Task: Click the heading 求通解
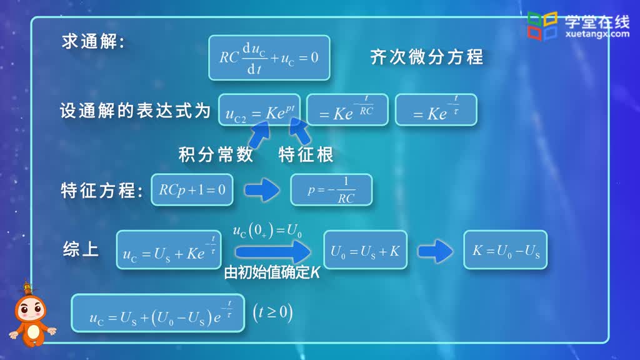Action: pyautogui.click(x=93, y=42)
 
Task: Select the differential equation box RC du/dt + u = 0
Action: pyautogui.click(x=269, y=57)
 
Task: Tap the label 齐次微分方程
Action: pyautogui.click(x=426, y=56)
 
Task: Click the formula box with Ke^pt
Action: pyautogui.click(x=259, y=110)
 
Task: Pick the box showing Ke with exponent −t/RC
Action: pyautogui.click(x=347, y=110)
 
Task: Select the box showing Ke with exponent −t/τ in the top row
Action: pyautogui.click(x=436, y=110)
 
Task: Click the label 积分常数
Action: pyautogui.click(x=216, y=155)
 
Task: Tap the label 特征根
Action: pyautogui.click(x=306, y=155)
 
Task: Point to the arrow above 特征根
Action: pyautogui.click(x=300, y=131)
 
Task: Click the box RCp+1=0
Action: pyautogui.click(x=192, y=190)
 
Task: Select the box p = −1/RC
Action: pyautogui.click(x=331, y=190)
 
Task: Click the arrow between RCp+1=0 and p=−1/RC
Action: pyautogui.click(x=262, y=190)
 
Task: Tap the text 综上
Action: pyautogui.click(x=81, y=249)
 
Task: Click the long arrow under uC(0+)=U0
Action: pyautogui.click(x=273, y=252)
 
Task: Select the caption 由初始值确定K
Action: pyautogui.click(x=272, y=272)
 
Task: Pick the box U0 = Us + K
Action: pyautogui.click(x=365, y=250)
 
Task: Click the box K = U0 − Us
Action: pyautogui.click(x=505, y=250)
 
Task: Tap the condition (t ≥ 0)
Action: pyautogui.click(x=272, y=313)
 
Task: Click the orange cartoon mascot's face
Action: pyautogui.click(x=31, y=309)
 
